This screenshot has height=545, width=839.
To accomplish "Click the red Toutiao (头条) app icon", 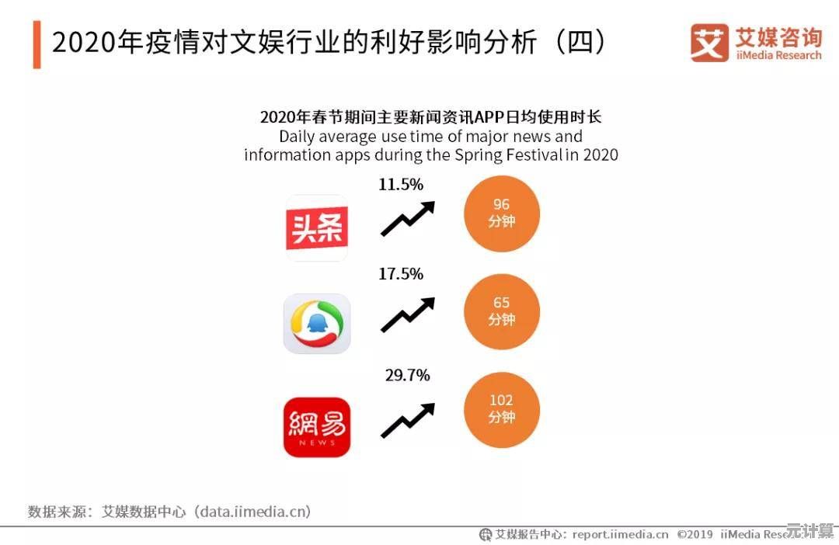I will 317,227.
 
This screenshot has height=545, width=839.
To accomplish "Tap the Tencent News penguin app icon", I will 317,323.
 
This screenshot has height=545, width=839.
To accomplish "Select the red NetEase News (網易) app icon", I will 317,427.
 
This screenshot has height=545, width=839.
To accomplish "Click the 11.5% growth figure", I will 401,185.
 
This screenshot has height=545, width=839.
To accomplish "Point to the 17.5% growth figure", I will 401,274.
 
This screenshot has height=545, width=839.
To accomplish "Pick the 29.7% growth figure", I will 407,376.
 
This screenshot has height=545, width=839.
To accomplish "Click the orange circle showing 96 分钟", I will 501,213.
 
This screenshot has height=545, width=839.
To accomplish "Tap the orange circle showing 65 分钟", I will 501,311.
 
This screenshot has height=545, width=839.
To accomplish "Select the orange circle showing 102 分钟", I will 501,409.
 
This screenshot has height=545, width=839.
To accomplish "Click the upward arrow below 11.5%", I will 407,218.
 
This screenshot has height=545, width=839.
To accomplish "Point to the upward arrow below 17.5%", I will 407,315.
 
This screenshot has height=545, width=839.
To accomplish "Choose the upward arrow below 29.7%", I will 407,420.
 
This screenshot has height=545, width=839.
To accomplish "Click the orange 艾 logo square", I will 709,43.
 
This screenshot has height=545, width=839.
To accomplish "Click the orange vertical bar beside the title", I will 37,45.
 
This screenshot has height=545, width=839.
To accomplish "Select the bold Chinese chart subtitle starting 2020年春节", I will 430,117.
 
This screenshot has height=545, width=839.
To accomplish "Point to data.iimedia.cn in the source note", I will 253,512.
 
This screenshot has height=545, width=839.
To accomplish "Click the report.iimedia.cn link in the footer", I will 620,534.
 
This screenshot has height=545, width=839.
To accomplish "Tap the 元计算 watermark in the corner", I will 809,532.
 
